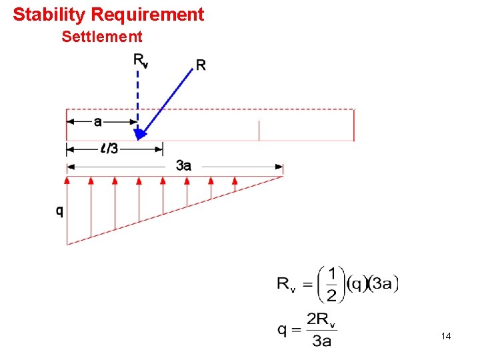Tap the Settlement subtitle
point(101,37)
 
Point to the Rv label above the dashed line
point(140,61)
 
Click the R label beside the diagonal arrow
point(201,65)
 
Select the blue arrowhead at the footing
point(139,134)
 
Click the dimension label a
point(98,121)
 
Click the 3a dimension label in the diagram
point(183,166)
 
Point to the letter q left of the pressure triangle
point(59,211)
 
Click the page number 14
point(446,337)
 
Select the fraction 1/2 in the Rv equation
point(331,284)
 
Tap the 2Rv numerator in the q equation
point(321,319)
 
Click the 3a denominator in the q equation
point(321,341)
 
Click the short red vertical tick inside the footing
point(259,131)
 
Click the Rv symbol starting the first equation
point(287,285)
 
